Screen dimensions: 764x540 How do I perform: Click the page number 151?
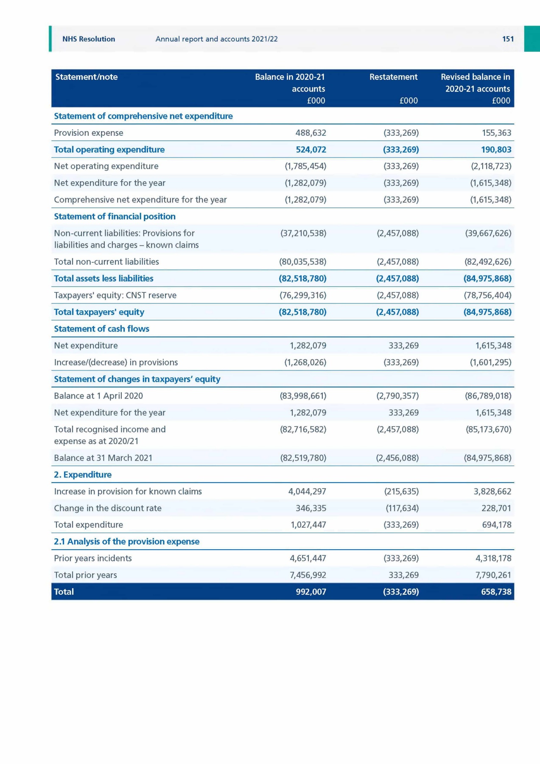pos(508,39)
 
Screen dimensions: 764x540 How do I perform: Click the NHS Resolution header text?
pos(89,39)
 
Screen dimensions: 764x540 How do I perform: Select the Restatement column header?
pos(393,77)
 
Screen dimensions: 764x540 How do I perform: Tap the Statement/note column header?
pos(87,77)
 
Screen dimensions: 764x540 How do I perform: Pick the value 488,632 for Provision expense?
pos(311,133)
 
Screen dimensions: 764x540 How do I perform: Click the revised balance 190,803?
pos(496,149)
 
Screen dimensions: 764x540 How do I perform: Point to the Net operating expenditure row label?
pos(106,166)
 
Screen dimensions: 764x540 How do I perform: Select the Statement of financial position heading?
pos(115,216)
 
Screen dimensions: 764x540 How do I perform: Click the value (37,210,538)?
pos(303,233)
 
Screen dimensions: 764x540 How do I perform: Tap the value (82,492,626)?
pos(488,261)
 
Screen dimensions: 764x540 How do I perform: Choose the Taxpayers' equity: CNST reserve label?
pos(115,295)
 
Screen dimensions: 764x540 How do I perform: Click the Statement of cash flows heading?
pos(101,329)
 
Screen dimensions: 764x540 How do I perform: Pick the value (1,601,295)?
pos(490,362)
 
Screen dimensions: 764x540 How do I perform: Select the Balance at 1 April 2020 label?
pos(98,396)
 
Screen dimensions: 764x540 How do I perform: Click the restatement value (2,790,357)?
pos(397,396)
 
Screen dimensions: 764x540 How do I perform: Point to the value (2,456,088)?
pos(397,458)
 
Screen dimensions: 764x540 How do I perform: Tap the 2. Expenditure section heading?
pos(83,475)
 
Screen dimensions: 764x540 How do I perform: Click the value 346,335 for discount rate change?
pos(311,508)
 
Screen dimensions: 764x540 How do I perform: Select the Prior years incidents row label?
pos(93,558)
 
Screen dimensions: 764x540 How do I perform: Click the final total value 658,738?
pos(496,592)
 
